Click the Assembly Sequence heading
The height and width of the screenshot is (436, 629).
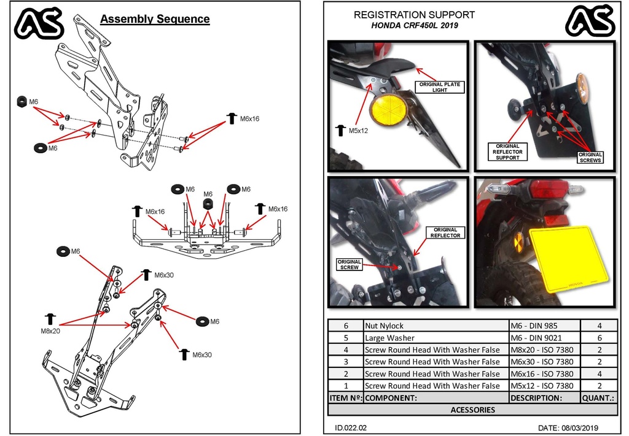[x=155, y=19]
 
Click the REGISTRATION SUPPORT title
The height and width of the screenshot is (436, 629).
[x=414, y=15]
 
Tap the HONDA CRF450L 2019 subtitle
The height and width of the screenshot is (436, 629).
[x=414, y=26]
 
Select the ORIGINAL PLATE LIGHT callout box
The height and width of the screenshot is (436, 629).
[x=440, y=87]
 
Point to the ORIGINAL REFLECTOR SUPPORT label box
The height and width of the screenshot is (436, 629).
[x=507, y=151]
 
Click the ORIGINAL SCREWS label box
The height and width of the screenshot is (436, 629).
[x=590, y=157]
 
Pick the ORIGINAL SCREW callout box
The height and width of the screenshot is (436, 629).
[x=350, y=264]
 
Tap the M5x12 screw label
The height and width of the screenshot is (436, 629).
[x=358, y=131]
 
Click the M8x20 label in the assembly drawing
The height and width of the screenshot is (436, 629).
[x=45, y=331]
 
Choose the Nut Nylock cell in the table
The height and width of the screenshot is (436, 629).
[x=436, y=326]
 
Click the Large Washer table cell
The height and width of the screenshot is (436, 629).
[x=436, y=338]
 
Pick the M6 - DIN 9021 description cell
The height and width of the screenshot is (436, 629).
[x=544, y=338]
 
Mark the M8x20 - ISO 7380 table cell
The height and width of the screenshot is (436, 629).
[x=544, y=350]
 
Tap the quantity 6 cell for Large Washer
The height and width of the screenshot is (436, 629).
[x=598, y=338]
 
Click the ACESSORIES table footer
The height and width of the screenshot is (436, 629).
[x=472, y=410]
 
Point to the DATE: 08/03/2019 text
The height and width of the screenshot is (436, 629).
[x=568, y=427]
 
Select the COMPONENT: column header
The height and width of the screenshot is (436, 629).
[x=436, y=397]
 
